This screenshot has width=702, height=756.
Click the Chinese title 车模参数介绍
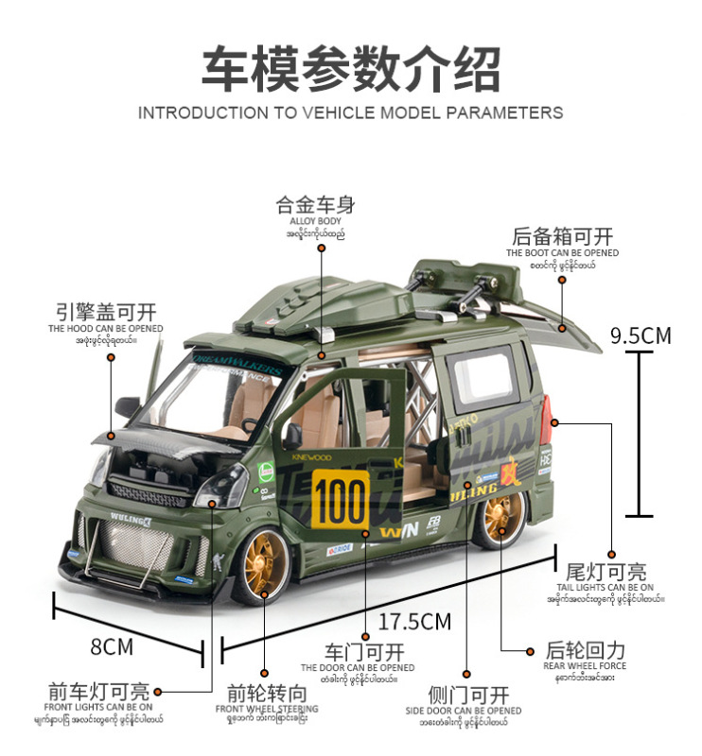(x=350, y=68)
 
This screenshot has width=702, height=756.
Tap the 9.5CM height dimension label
(x=641, y=335)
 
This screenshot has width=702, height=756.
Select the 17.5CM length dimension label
(x=414, y=621)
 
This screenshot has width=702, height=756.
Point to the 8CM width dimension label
(x=112, y=646)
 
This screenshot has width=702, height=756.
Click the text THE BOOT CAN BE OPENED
(x=562, y=252)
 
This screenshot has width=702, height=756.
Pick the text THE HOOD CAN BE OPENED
(x=106, y=328)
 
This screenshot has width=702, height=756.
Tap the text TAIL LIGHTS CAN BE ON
(x=605, y=587)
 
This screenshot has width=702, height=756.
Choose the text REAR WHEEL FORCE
(x=585, y=666)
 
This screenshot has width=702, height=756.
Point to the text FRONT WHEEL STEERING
(x=267, y=709)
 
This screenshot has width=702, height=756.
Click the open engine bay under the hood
(x=151, y=467)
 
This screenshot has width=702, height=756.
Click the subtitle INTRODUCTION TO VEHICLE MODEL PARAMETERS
(x=350, y=113)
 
